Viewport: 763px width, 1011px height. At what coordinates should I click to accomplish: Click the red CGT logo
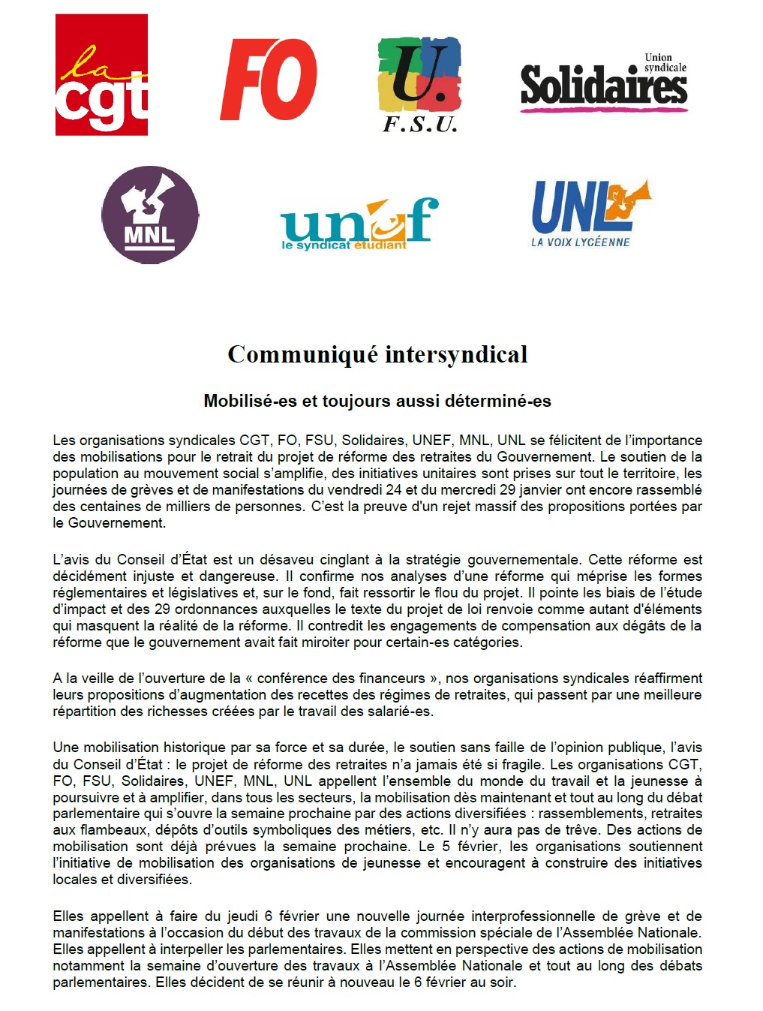click(101, 75)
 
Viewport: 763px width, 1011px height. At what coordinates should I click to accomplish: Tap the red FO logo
click(269, 80)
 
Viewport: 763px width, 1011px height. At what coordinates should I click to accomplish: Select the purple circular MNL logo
click(150, 215)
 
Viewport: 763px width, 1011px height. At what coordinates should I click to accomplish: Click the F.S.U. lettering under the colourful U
click(420, 125)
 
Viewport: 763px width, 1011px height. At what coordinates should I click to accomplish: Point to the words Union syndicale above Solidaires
click(665, 62)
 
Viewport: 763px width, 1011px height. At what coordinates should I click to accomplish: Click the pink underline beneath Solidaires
click(603, 109)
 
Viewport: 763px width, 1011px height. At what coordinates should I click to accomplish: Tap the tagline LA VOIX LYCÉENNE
click(580, 242)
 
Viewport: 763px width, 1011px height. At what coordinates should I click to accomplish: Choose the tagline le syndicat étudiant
click(344, 245)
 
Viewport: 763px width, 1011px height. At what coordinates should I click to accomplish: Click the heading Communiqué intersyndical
click(377, 354)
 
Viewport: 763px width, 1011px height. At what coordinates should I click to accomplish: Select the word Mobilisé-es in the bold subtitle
click(251, 401)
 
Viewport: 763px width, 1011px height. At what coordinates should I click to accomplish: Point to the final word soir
click(503, 982)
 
